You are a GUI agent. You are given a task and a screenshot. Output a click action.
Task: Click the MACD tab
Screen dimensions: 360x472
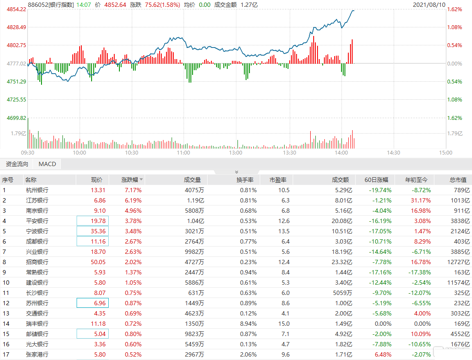47,164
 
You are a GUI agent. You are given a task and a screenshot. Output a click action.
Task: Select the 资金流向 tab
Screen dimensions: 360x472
17,164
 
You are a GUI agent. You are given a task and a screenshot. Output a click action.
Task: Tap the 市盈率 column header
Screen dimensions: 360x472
278,180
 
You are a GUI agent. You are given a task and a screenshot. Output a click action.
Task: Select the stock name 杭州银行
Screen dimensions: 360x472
37,190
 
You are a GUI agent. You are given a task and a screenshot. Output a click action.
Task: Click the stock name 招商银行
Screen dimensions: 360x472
37,262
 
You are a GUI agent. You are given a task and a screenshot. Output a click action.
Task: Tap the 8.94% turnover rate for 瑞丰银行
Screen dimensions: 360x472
249,324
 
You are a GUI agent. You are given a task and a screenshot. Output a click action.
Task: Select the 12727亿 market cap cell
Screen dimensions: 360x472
458,262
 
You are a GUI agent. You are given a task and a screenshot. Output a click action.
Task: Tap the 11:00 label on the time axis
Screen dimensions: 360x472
184,153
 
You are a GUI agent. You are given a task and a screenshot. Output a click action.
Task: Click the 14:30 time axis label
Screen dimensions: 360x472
393,153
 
